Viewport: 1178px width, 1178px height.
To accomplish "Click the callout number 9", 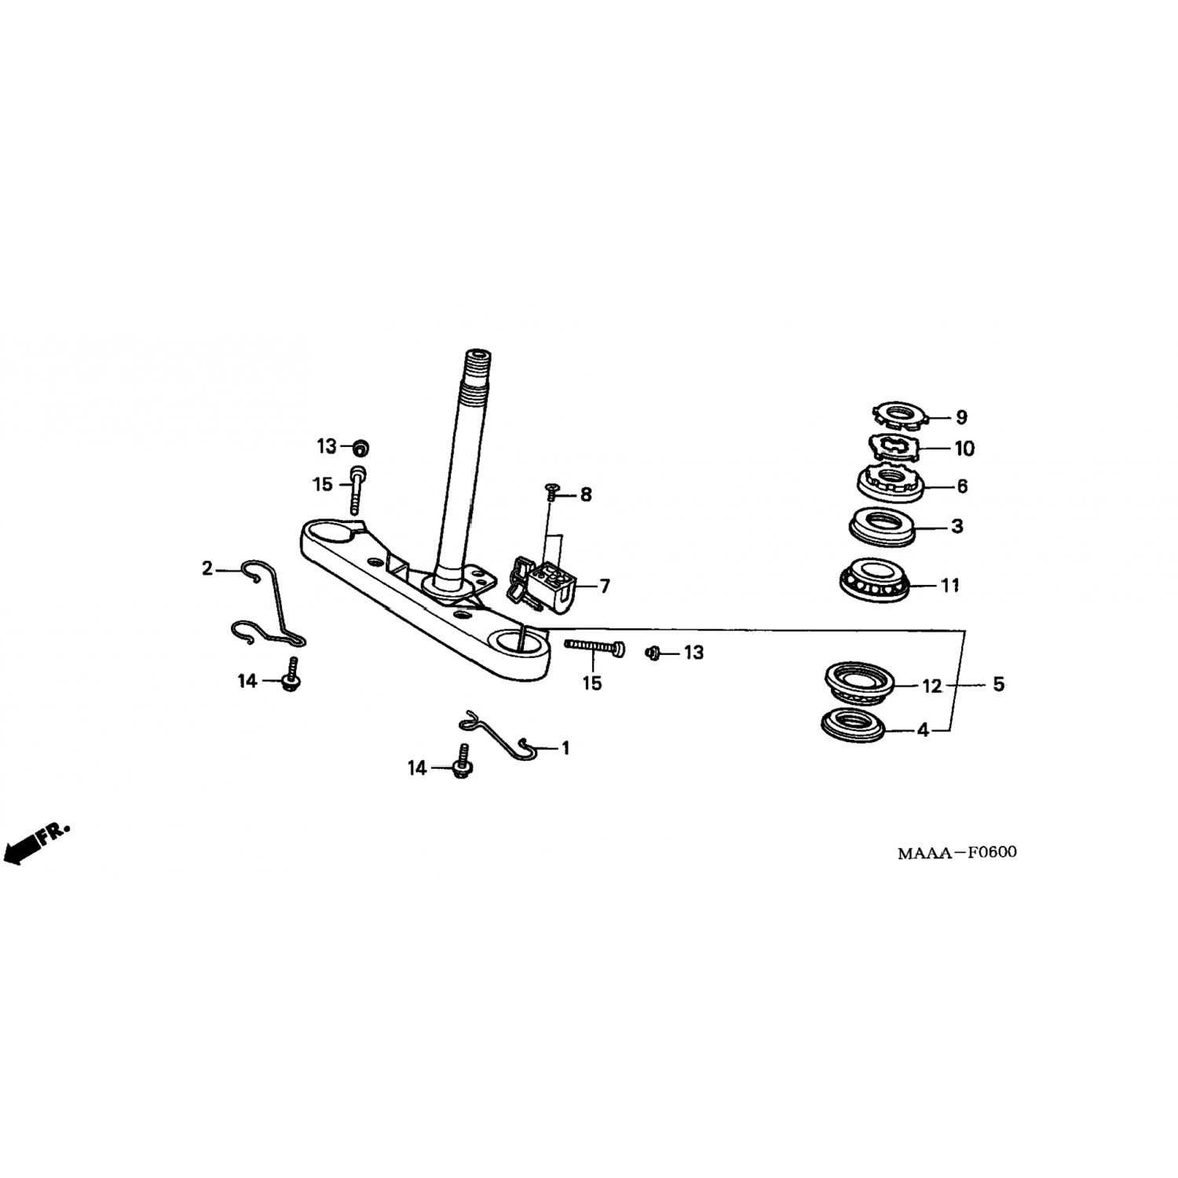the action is click(x=961, y=418).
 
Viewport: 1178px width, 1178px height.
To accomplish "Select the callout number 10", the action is click(x=964, y=448).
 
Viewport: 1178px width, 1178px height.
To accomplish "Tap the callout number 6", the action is click(x=962, y=487).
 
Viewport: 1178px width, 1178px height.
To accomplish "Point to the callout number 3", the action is click(x=957, y=526).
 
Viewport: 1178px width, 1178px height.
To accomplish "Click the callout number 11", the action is click(x=950, y=586).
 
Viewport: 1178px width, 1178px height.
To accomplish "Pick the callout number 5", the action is click(x=998, y=685).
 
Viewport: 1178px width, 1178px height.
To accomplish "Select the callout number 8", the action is click(x=586, y=495).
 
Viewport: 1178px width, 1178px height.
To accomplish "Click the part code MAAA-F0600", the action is click(x=957, y=852).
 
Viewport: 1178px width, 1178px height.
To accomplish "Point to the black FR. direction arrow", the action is click(x=36, y=842).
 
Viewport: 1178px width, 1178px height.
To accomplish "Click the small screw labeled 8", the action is click(x=551, y=493).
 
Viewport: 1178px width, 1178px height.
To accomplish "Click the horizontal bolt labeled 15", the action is click(x=594, y=647).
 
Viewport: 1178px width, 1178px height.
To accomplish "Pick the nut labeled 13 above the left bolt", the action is click(x=360, y=448).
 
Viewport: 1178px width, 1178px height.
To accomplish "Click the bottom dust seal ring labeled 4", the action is click(x=852, y=724).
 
